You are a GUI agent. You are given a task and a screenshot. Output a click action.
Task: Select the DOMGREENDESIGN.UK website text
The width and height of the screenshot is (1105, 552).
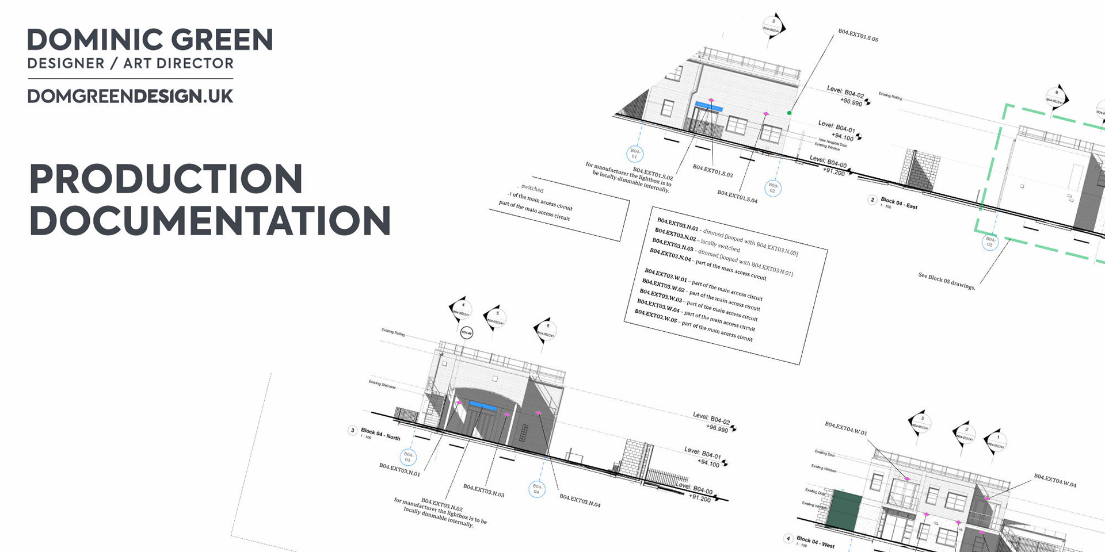tap(130, 96)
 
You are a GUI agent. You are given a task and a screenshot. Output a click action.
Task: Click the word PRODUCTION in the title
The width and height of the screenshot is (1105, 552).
tap(166, 179)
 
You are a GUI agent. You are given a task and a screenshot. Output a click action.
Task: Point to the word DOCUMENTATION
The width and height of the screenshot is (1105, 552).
tap(210, 221)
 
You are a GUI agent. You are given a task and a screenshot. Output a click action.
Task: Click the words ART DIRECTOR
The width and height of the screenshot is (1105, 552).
tap(178, 63)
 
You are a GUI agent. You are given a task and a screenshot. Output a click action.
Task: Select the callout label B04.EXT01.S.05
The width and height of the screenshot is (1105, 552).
tap(858, 35)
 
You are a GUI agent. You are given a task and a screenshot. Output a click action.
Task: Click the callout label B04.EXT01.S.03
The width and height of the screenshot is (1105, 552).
tap(712, 171)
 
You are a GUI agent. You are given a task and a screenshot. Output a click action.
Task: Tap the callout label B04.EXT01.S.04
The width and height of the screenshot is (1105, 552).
tap(737, 196)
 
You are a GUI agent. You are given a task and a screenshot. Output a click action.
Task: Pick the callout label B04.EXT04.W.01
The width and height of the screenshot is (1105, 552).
tap(845, 428)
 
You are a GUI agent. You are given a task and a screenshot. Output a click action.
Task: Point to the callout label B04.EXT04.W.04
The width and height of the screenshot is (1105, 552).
tap(1055, 480)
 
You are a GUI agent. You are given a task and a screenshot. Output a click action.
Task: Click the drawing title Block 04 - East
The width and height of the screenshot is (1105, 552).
tap(899, 203)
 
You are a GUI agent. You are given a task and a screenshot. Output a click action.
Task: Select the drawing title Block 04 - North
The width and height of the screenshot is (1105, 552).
tap(380, 434)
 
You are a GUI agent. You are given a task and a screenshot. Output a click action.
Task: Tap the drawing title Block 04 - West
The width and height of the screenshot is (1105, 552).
tap(816, 542)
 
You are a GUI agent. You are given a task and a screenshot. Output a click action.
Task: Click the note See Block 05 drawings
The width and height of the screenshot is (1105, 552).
tap(946, 281)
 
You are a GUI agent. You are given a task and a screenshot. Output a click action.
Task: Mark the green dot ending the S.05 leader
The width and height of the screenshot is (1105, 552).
tap(789, 113)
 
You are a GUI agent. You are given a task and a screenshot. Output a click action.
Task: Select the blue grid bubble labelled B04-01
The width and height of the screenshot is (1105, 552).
tap(634, 154)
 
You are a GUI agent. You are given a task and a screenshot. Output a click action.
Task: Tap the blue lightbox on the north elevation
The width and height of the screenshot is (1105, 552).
tap(482, 406)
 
